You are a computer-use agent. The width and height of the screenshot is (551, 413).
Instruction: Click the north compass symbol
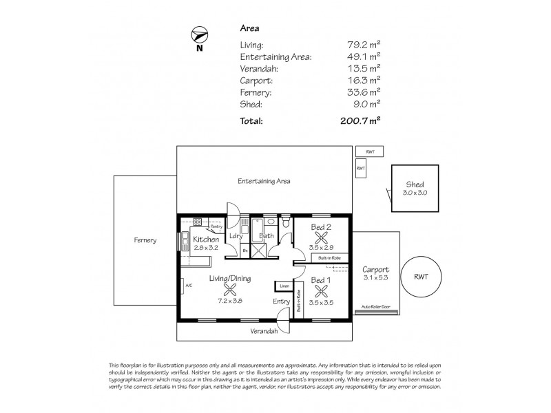click(199, 35)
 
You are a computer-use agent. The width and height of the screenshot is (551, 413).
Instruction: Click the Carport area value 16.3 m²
click(365, 80)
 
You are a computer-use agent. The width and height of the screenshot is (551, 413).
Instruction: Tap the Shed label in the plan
click(415, 184)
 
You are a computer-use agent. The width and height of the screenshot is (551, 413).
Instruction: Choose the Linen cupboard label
click(283, 285)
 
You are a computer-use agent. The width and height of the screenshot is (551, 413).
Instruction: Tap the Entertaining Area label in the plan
click(264, 182)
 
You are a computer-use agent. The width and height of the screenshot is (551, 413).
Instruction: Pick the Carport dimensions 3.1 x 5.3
click(376, 277)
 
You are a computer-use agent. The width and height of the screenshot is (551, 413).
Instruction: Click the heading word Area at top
click(248, 28)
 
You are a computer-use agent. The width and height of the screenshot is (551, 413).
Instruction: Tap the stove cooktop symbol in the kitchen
click(197, 222)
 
